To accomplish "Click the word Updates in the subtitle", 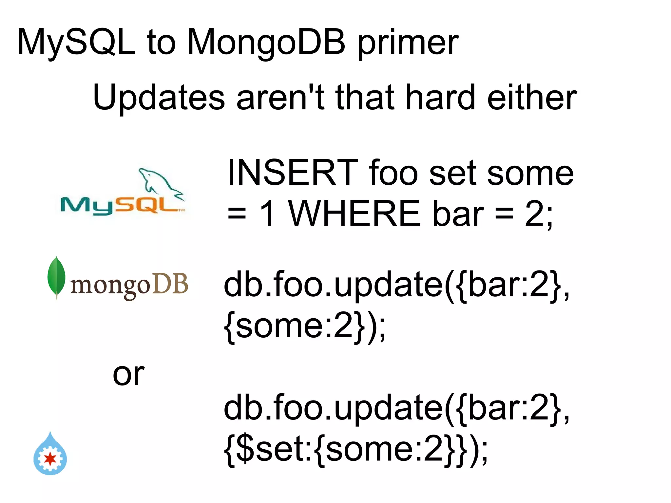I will [x=159, y=98].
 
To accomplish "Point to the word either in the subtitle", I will [x=532, y=98].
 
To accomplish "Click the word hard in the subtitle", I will [x=440, y=98].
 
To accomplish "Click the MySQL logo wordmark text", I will [x=121, y=206].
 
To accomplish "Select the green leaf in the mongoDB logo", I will [x=56, y=277].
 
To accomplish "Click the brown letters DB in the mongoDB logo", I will [x=170, y=284].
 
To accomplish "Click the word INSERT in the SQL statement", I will [x=293, y=173].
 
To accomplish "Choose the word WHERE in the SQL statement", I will [x=354, y=214].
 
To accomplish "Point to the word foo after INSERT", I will [x=393, y=173].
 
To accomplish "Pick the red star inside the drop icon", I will [x=50, y=459].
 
